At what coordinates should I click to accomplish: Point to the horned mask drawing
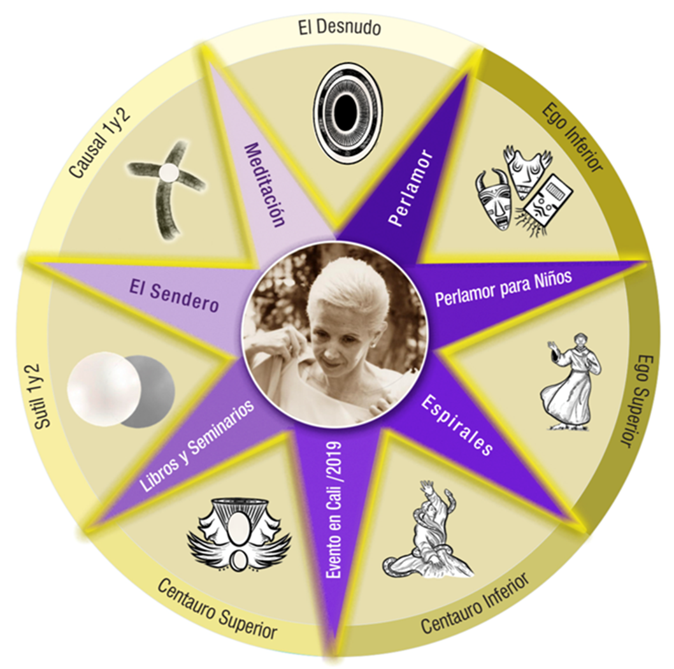pos(493,198)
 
